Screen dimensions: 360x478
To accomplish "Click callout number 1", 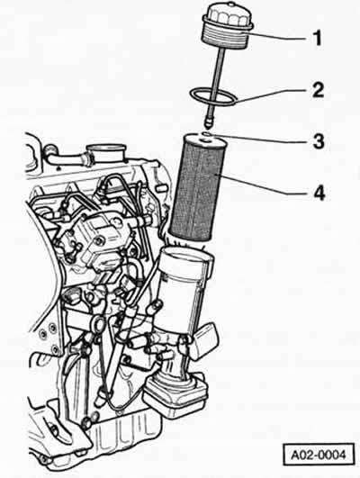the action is [x=318, y=39].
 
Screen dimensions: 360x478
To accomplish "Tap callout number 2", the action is [x=318, y=90].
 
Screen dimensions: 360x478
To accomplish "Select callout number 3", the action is [x=319, y=141].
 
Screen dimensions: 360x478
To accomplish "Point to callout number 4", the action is [x=319, y=193].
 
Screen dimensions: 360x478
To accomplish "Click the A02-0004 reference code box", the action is [x=319, y=455].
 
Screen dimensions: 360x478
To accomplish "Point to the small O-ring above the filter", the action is [x=207, y=133].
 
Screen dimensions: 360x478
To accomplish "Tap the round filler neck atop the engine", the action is [x=105, y=151].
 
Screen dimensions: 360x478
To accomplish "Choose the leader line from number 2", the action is [x=270, y=95].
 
